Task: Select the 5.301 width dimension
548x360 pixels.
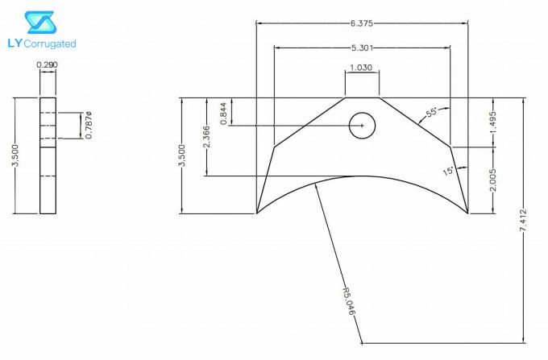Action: (363, 47)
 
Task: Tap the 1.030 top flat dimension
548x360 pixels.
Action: (362, 68)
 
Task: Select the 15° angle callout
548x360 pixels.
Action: (449, 171)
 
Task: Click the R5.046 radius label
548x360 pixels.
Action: (348, 300)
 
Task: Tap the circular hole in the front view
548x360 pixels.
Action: (362, 126)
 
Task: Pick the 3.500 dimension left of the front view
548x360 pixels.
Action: (182, 156)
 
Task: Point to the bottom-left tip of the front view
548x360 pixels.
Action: (257, 214)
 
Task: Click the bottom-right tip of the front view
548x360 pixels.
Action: (468, 214)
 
